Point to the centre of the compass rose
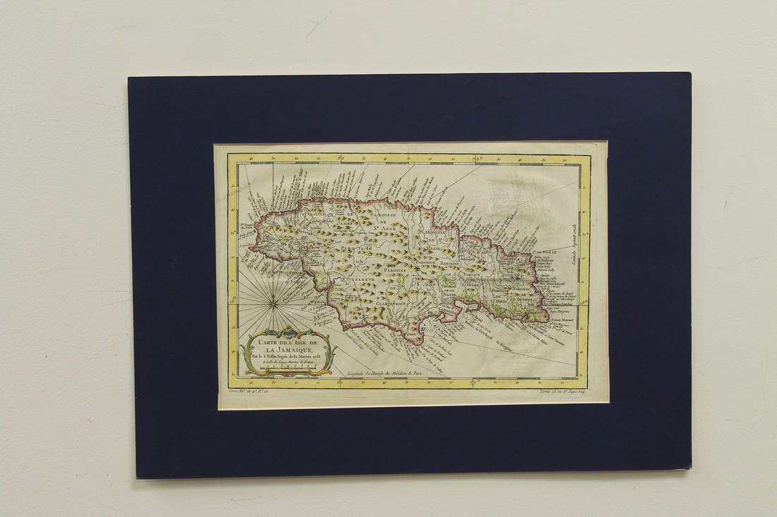(x=271, y=304)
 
